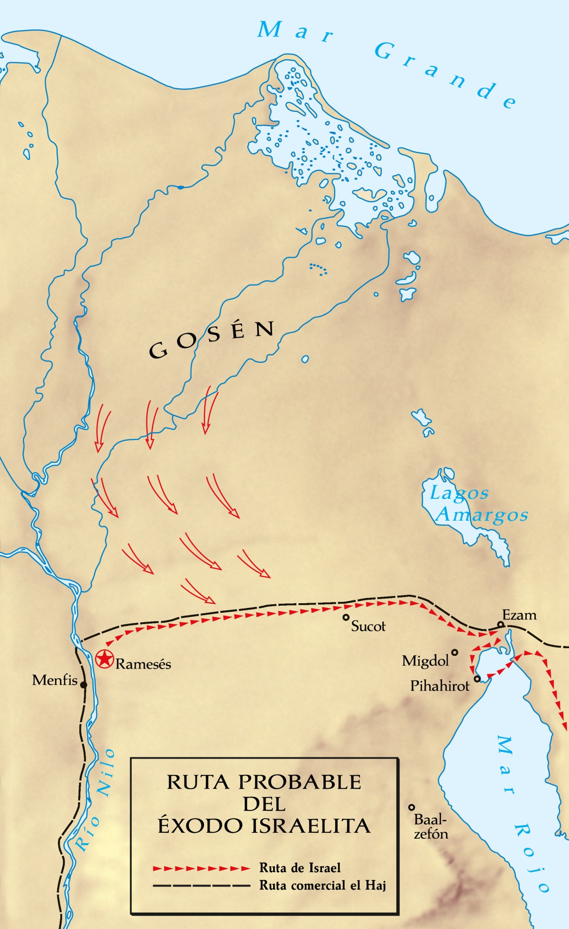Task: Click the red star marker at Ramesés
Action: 104,659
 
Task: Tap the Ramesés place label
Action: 143,664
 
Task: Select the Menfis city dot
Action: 83,685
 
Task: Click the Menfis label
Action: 55,681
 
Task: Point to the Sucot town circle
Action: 346,617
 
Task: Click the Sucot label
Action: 368,626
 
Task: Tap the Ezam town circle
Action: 500,624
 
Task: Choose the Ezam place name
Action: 520,615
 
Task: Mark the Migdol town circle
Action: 455,653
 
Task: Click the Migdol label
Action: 425,661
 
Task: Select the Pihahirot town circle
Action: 477,679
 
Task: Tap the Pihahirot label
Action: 440,686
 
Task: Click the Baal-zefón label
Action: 431,827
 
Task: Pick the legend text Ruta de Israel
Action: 300,868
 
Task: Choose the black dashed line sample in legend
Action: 201,885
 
